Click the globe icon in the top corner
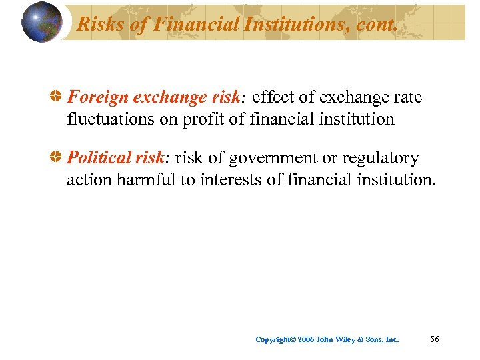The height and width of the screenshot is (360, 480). [41, 22]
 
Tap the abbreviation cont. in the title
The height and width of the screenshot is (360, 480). [379, 25]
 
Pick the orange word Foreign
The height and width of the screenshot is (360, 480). [98, 98]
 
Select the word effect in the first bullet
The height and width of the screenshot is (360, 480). [273, 98]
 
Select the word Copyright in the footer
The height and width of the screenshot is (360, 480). [274, 340]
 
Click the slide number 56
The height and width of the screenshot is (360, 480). [435, 339]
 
